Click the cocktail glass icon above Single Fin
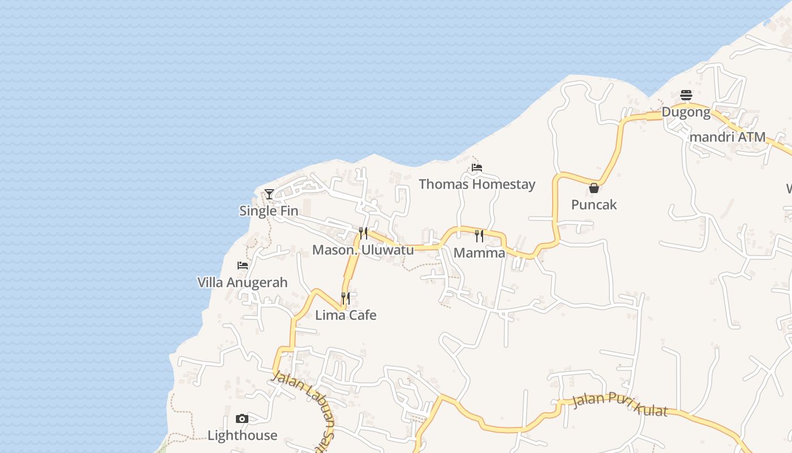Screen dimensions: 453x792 coord(269,194)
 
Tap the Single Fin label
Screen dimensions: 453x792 coord(269,211)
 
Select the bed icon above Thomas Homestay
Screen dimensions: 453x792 coord(477,168)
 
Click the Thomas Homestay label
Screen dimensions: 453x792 coord(477,184)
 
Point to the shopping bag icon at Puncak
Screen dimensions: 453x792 coord(594,188)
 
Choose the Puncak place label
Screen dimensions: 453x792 coord(594,204)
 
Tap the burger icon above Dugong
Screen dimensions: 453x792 coord(686,95)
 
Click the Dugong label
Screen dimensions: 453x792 coord(686,112)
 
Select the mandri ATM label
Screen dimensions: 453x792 coord(728,137)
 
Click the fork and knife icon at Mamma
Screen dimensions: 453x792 coord(479,236)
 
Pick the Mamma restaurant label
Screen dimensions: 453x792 coord(479,253)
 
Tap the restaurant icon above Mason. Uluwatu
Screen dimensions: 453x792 coord(363,233)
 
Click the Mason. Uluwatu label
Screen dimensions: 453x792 coord(363,250)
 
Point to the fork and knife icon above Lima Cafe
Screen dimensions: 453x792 coord(345,298)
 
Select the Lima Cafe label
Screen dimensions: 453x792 coord(346,315)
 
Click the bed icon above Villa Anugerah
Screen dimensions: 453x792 coord(243,265)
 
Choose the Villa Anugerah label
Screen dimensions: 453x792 coord(242,282)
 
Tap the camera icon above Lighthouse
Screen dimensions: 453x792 coord(242,419)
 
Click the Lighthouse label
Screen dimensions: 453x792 coord(242,435)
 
